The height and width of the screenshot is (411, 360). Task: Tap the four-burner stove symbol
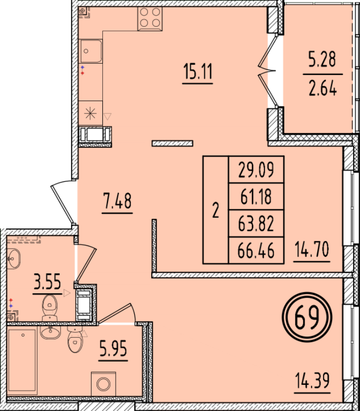(x=150, y=18)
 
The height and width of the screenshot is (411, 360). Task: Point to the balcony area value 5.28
(x=321, y=61)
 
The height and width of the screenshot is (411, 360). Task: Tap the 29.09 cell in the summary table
(x=256, y=169)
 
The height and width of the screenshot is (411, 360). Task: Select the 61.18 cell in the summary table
(x=256, y=196)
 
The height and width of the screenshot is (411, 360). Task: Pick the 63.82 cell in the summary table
(x=256, y=223)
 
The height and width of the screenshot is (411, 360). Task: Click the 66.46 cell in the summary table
(x=256, y=251)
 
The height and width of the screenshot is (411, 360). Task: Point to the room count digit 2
(x=215, y=210)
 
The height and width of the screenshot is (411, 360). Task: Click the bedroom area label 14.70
(x=311, y=251)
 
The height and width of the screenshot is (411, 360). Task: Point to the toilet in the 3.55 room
(x=49, y=306)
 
